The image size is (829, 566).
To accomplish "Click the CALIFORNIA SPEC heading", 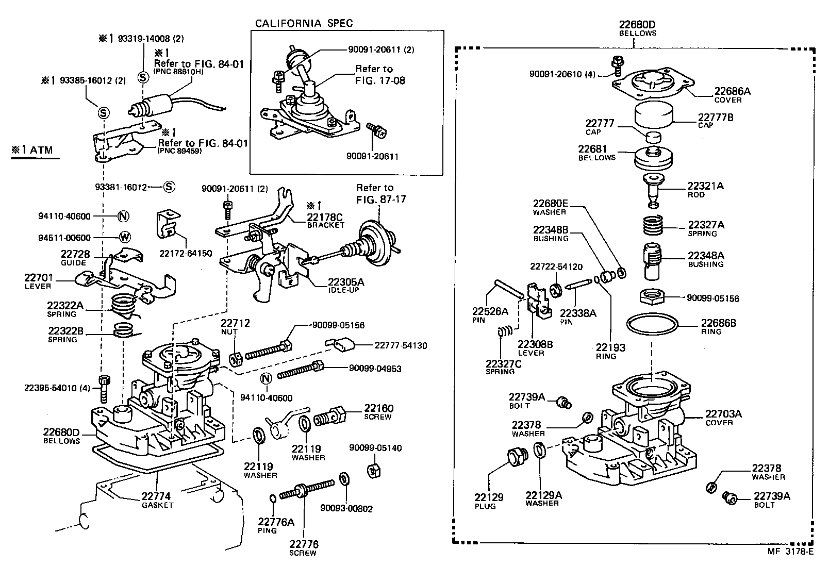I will point(304,23).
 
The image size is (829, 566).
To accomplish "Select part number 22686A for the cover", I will point(732,91).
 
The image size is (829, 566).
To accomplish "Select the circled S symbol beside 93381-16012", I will point(169,187).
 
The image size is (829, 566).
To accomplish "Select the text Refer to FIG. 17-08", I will point(380,74).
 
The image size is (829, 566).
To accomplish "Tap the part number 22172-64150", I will point(186,254).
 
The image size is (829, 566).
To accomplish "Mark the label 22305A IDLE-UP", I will point(346,285).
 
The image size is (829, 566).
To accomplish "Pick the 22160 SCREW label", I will point(378,412).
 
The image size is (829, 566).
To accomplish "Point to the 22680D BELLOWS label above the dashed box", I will point(637,28).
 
